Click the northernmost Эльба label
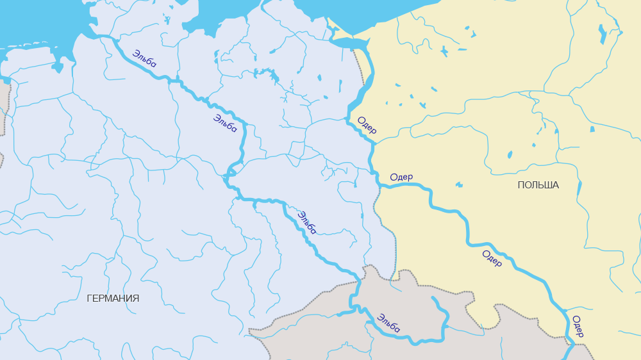tap(144, 58)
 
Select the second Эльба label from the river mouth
tap(225, 123)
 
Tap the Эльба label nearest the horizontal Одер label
tap(307, 222)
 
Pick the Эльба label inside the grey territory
tap(388, 323)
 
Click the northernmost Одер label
tap(367, 126)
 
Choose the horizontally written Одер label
tap(401, 177)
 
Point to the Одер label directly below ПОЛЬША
tap(492, 258)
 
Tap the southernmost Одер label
tap(577, 326)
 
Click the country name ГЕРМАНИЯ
tap(113, 299)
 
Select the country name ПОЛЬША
tap(538, 185)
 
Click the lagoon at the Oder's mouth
tap(350, 43)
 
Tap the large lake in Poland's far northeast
tap(602, 33)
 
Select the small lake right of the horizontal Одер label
tap(459, 184)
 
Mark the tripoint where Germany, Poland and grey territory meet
tap(395, 276)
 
